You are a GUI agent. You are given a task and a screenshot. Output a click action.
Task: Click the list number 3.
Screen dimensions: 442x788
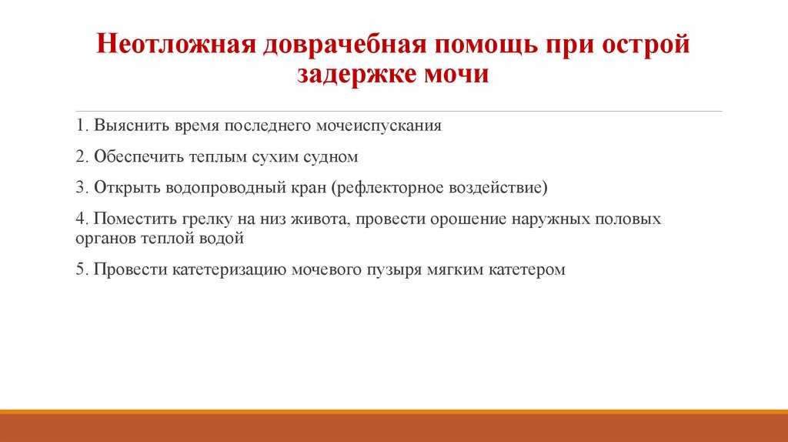tap(81, 187)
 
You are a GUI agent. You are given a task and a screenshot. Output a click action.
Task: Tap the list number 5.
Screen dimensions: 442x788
tap(81, 270)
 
